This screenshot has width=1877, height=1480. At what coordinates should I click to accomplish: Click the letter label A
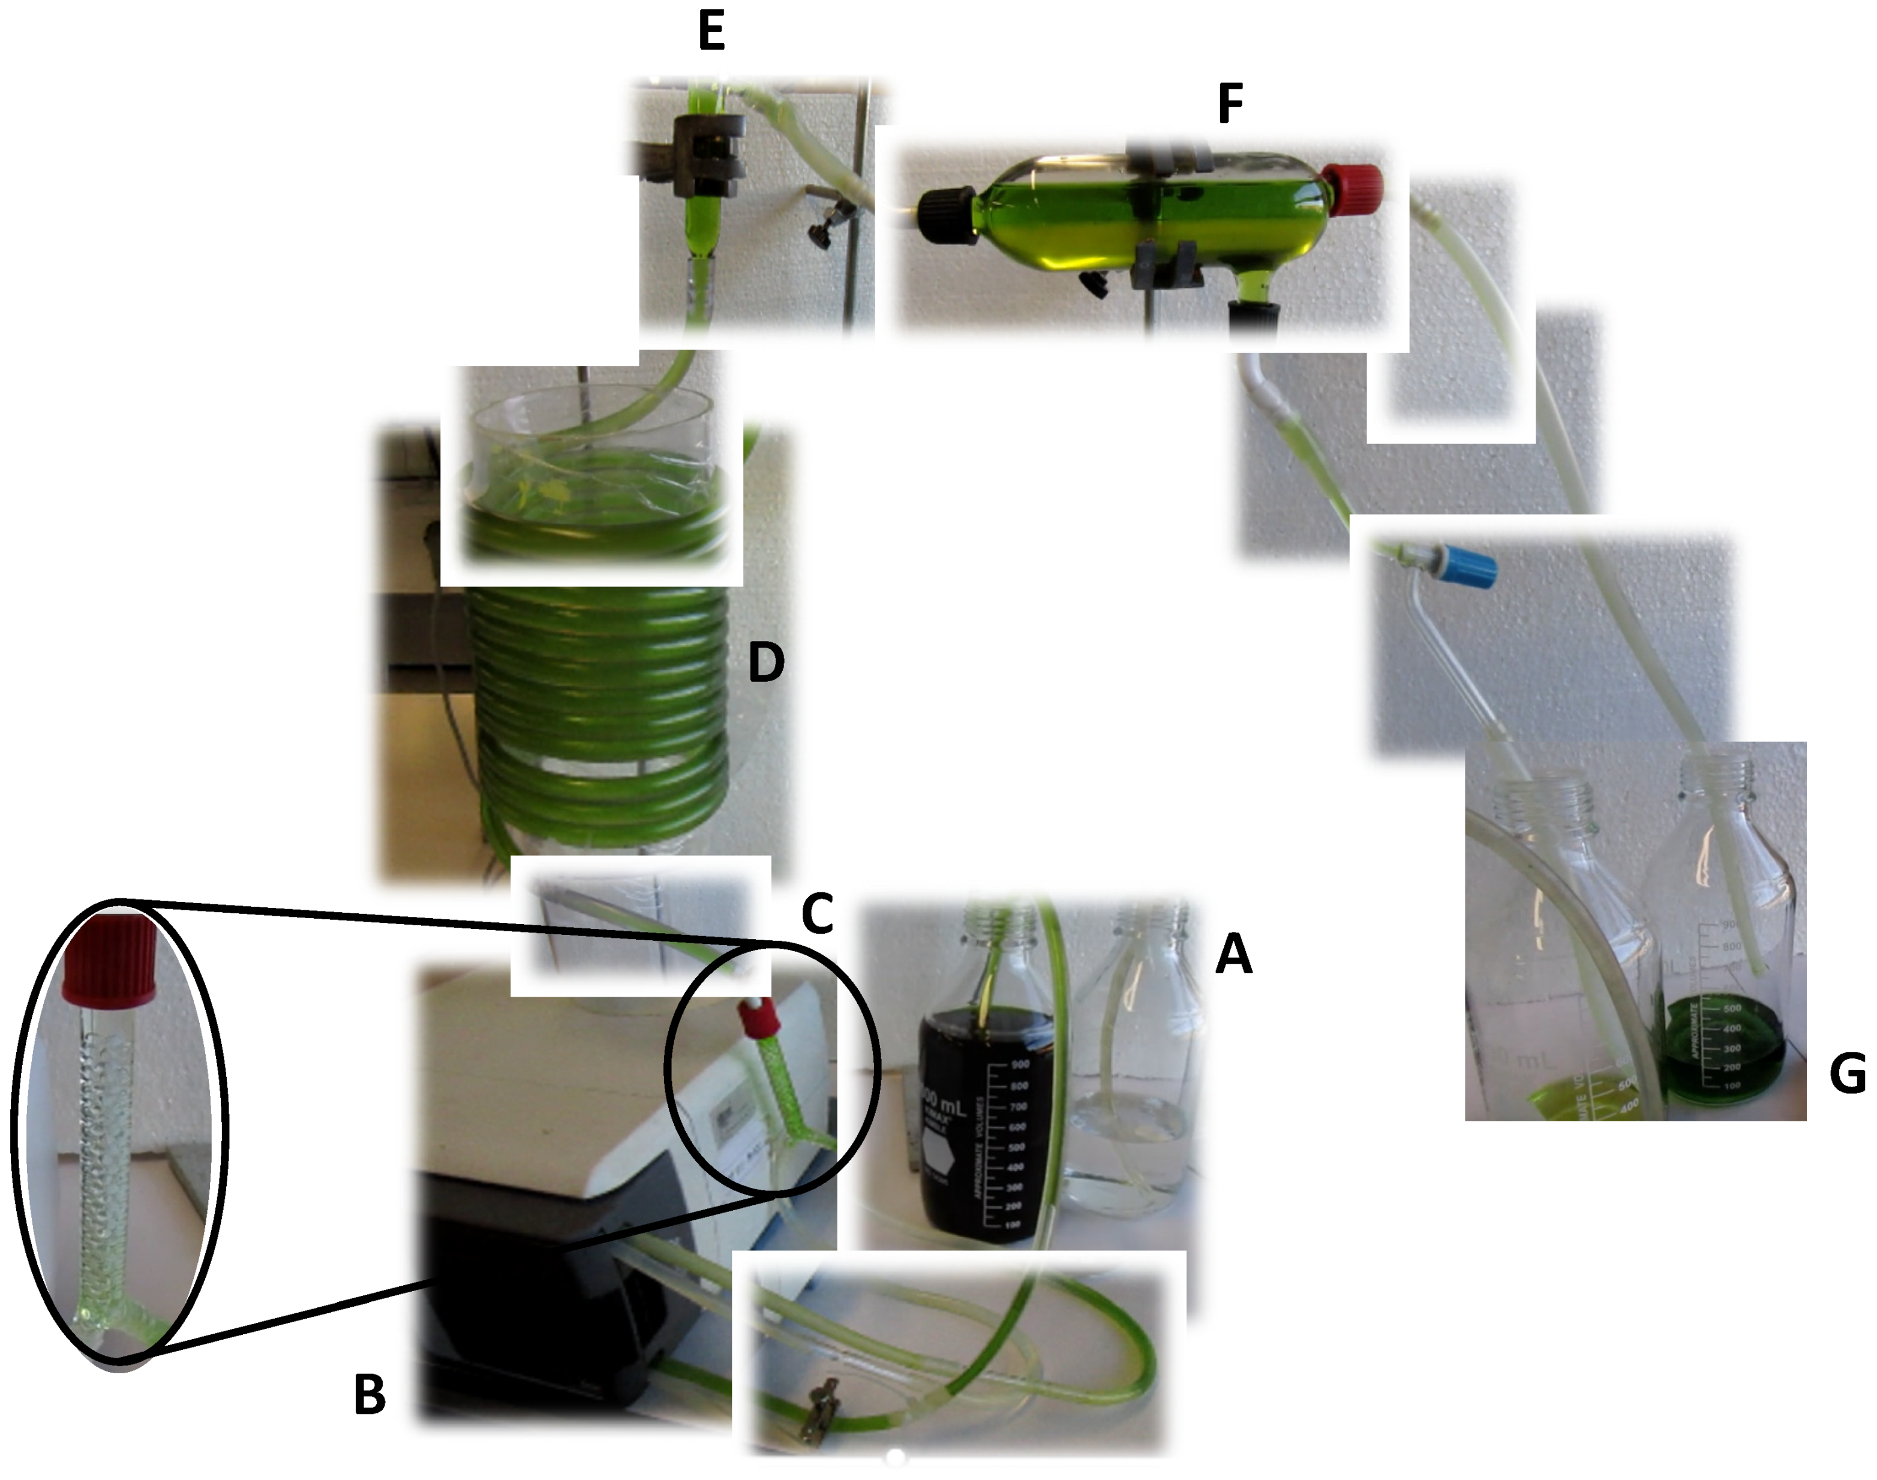[x=1233, y=954]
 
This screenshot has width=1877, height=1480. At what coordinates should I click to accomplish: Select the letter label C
[x=816, y=913]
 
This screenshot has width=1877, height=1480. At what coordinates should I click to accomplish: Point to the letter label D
[x=766, y=662]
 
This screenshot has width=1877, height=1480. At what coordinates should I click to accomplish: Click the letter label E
[x=711, y=32]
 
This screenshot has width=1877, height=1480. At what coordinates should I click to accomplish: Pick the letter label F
[x=1230, y=104]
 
